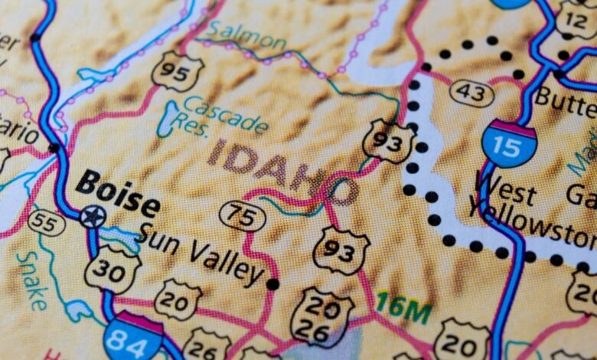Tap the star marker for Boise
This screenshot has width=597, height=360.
(x=93, y=217)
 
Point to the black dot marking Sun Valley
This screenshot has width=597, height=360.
(x=272, y=284)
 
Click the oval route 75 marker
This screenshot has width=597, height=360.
(x=242, y=216)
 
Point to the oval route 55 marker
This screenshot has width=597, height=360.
(x=46, y=223)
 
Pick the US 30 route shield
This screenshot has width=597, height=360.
(x=112, y=269)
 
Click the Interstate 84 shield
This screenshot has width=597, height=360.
(x=133, y=336)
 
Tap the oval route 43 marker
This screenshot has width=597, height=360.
(x=471, y=93)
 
